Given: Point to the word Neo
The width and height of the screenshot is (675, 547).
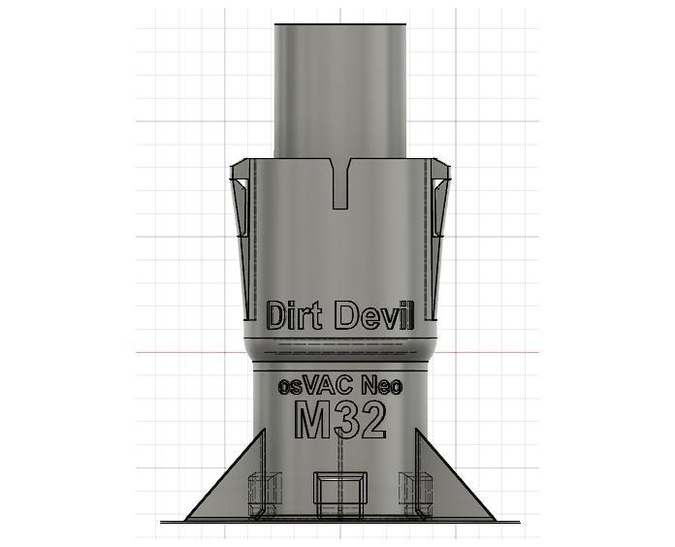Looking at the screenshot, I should tap(381, 385).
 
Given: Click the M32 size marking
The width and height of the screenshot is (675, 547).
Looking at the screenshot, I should tap(340, 419).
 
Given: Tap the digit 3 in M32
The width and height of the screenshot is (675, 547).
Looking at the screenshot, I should tap(348, 419).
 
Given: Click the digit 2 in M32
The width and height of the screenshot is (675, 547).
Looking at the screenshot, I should tap(373, 419).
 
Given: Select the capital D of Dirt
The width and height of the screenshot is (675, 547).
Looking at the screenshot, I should tap(277, 315).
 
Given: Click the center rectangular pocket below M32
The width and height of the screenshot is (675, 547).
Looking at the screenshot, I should tap(339, 489).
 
